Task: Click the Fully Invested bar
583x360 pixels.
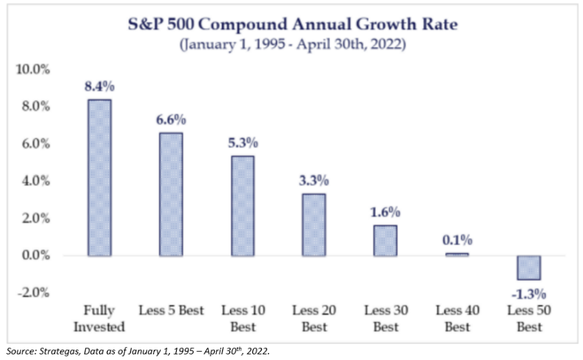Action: coord(99,178)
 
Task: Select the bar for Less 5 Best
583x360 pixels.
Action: coord(171,194)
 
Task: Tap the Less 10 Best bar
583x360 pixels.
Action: coord(243,206)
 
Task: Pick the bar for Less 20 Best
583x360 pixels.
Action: coord(314,224)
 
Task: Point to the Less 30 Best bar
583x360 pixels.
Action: coord(384,240)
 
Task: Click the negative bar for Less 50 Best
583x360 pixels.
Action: coord(528,268)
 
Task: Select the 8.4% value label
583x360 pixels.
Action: coord(99,87)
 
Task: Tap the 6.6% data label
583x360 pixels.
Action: coord(171,120)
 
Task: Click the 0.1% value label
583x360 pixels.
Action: coord(456,240)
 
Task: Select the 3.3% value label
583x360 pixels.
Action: coord(314,180)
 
